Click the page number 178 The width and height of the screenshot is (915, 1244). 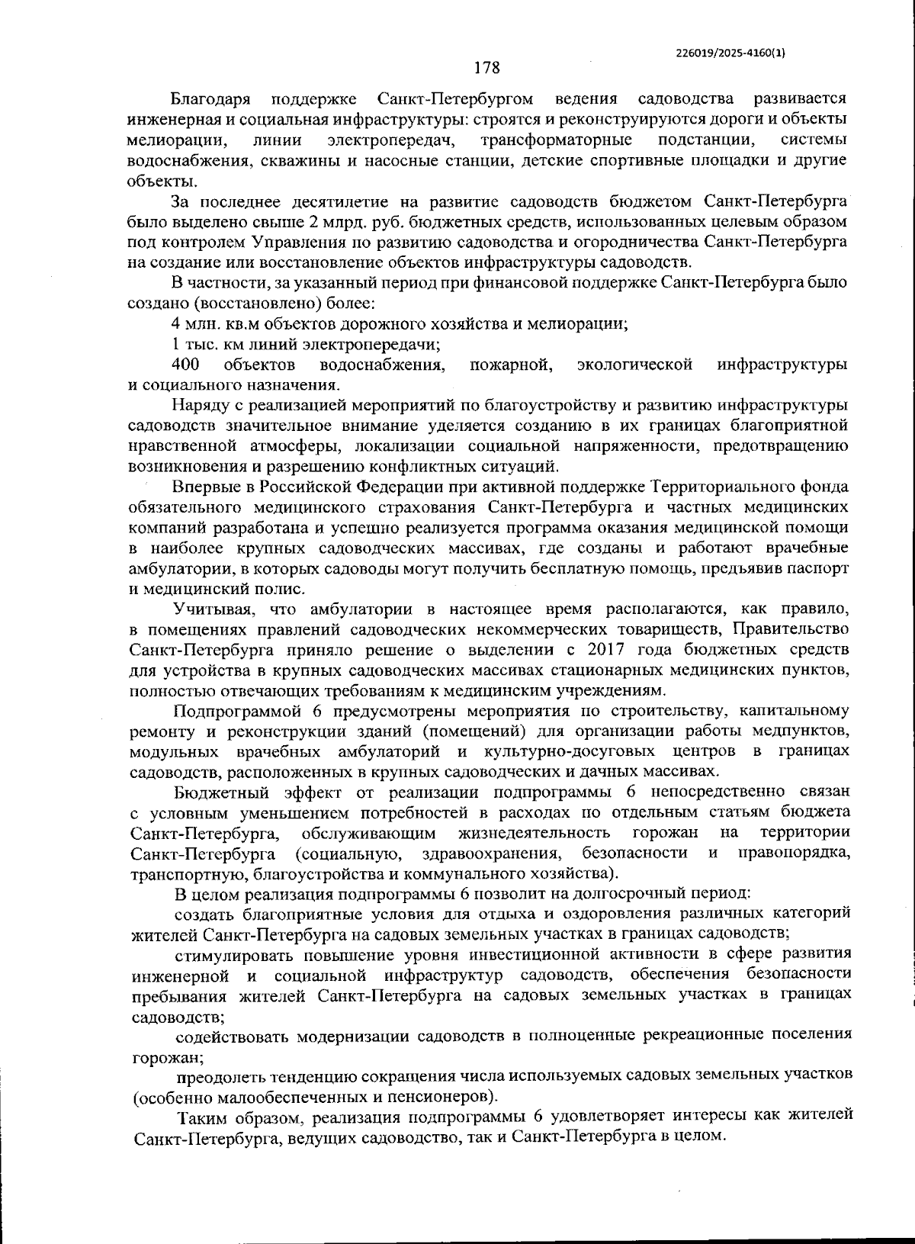pyautogui.click(x=486, y=69)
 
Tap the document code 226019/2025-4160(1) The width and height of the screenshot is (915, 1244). pyautogui.click(x=730, y=53)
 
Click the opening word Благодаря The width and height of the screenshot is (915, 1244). pyautogui.click(x=208, y=99)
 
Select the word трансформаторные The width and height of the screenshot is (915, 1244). pyautogui.click(x=557, y=140)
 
